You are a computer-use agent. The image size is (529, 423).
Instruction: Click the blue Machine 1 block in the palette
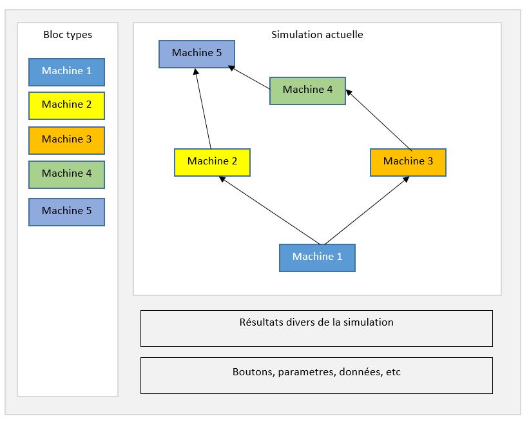point(66,72)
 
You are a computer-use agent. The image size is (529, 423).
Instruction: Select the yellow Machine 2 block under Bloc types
point(66,105)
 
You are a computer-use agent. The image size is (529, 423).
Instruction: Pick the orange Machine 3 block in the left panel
point(66,140)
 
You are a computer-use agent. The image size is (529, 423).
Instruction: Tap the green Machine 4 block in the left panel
point(66,174)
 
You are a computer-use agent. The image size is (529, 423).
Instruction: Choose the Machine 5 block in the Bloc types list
point(66,211)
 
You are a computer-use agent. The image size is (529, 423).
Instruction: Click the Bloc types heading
point(68,35)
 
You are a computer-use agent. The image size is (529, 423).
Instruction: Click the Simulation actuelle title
point(317,35)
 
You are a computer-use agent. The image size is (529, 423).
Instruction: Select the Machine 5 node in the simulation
point(197,54)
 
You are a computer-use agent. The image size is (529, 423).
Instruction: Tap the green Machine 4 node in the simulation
point(307,90)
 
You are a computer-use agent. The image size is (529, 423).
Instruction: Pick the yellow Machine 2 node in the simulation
point(212,162)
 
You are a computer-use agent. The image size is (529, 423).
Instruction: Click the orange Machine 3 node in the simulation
point(408,162)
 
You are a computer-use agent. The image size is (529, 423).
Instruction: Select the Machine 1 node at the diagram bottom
point(317,257)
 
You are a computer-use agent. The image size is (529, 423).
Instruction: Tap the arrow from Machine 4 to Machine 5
point(249,77)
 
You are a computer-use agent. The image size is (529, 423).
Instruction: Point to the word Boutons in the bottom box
point(253,372)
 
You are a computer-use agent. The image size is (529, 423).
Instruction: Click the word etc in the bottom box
point(393,372)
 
